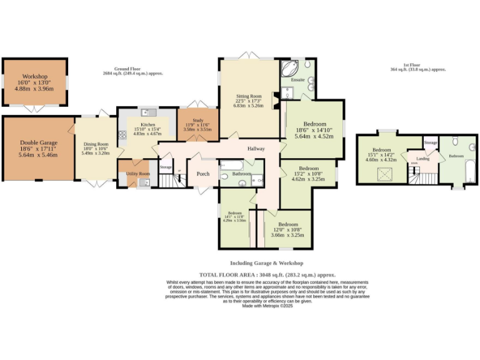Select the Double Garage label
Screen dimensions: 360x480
(39, 143)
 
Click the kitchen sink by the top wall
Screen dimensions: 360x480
(147, 112)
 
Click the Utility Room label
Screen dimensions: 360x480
(139, 173)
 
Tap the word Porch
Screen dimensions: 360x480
(203, 174)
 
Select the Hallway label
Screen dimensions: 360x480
(256, 149)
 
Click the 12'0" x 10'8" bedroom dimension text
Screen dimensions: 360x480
(288, 235)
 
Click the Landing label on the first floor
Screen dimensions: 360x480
(414, 159)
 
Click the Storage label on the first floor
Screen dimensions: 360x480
(430, 143)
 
